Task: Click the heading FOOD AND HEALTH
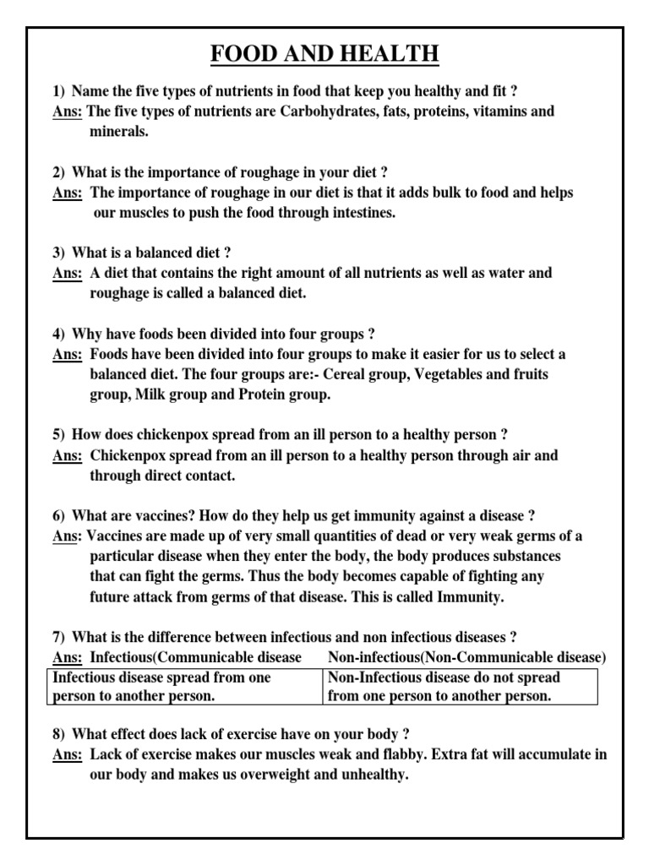324,55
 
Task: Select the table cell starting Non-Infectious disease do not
461,687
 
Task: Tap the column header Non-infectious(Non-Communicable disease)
466,657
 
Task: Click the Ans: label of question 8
67,754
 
